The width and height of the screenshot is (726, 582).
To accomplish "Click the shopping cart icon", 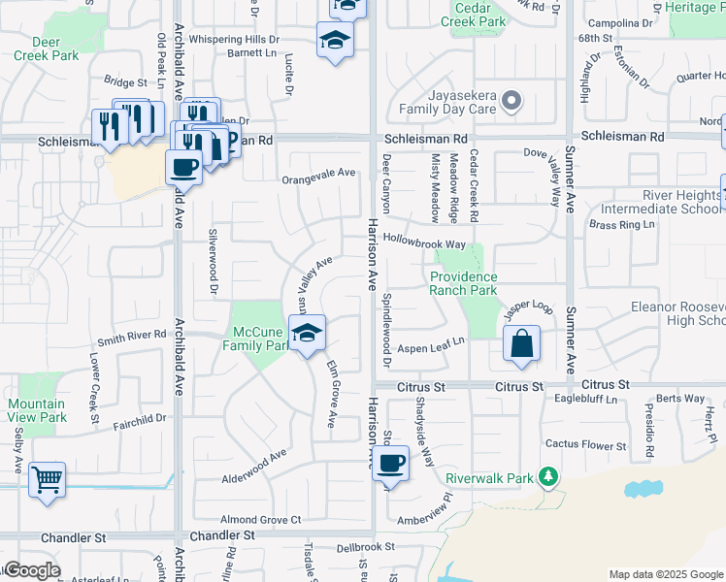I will point(47,479).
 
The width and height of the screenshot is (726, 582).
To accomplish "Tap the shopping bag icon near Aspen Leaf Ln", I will point(522,343).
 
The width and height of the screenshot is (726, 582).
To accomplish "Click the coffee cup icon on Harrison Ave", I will point(390,463).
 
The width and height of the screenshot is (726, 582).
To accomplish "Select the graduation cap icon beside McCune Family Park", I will point(307,333).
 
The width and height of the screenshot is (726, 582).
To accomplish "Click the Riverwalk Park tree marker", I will point(549,477).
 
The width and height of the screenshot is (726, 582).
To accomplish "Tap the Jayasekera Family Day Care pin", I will point(512,101).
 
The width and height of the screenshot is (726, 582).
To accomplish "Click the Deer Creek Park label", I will point(47,48).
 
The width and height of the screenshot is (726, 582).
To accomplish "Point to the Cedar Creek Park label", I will point(474,15).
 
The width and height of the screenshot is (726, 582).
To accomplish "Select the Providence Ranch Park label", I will point(464,283).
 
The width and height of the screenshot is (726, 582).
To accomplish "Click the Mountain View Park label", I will point(38,410).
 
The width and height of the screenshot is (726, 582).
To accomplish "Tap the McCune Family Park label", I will point(256,339).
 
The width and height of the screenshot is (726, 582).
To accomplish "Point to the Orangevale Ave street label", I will point(319,173).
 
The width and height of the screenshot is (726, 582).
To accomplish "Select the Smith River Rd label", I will point(133,338).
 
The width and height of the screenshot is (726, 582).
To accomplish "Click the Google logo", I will point(31,570).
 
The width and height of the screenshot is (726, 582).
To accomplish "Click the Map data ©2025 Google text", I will point(665,574).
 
